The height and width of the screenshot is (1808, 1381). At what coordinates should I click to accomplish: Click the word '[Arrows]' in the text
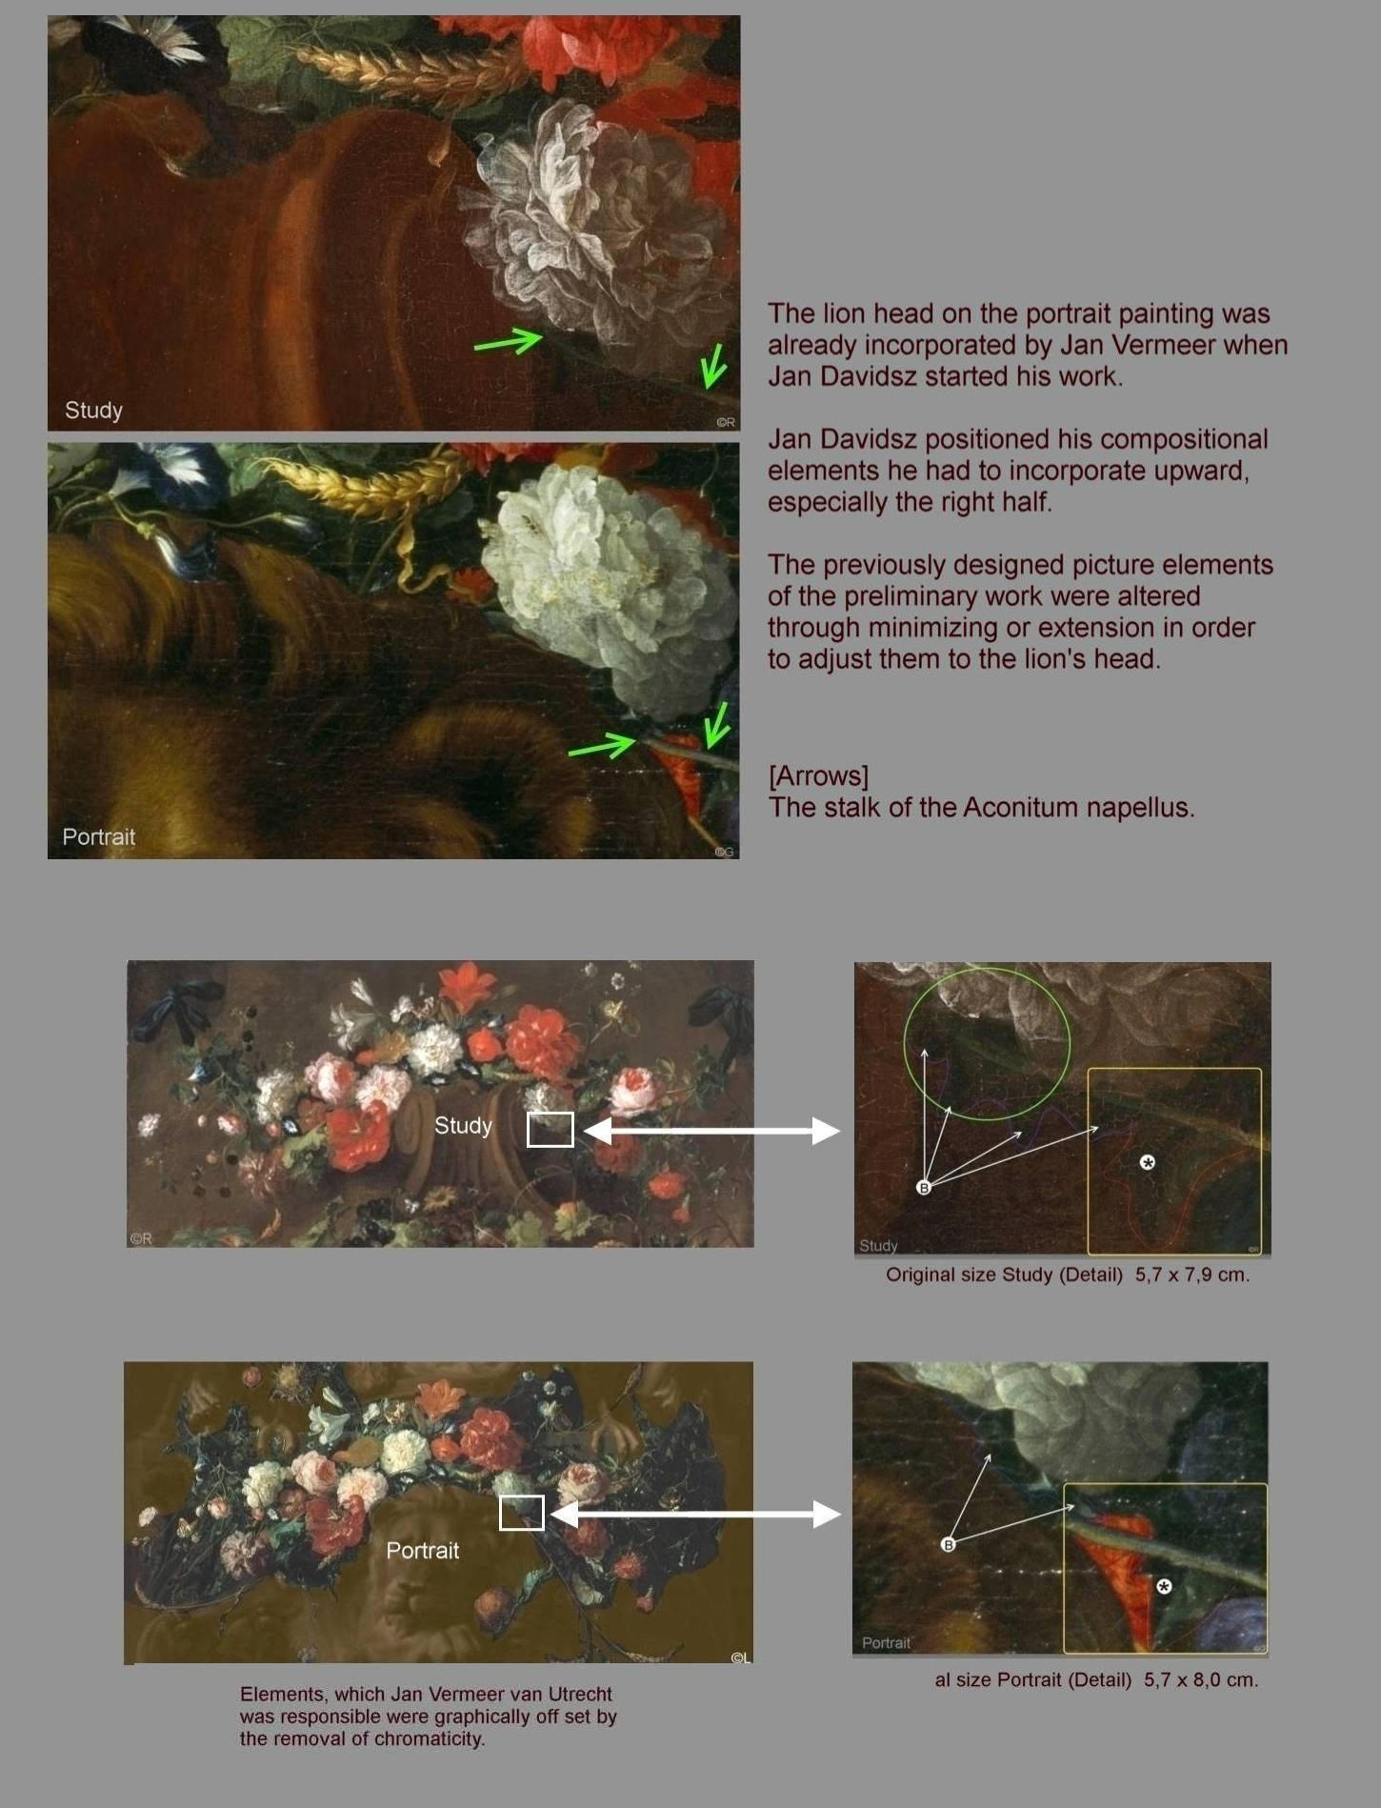tap(818, 776)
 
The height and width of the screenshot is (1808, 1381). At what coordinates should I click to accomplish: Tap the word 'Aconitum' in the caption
tap(1021, 808)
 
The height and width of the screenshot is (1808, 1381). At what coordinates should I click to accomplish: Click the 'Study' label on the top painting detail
tap(93, 410)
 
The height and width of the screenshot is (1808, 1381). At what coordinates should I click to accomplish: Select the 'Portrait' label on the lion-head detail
tap(98, 836)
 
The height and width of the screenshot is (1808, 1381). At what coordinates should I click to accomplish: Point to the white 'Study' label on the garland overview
tap(463, 1125)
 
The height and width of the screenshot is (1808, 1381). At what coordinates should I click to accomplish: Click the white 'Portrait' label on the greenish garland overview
tap(422, 1550)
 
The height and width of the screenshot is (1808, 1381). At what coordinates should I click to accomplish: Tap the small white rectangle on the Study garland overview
tap(550, 1130)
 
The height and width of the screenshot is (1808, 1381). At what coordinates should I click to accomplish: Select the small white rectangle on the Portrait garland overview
tap(522, 1513)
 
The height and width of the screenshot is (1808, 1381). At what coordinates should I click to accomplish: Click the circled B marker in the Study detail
tap(923, 1187)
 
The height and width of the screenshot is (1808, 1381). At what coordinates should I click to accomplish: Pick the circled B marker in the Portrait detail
tap(948, 1544)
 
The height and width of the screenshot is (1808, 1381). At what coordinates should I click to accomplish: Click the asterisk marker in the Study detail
tap(1148, 1162)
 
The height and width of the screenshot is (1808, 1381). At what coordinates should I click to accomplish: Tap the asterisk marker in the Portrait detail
tap(1164, 1586)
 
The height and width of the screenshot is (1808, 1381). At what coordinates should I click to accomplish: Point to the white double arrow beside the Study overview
tap(711, 1131)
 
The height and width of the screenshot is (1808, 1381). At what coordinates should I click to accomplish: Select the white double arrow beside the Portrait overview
tap(695, 1514)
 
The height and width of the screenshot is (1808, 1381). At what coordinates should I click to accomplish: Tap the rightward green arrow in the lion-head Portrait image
tap(602, 746)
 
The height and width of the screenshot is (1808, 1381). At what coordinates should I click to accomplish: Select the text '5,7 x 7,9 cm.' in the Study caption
tap(1191, 1275)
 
